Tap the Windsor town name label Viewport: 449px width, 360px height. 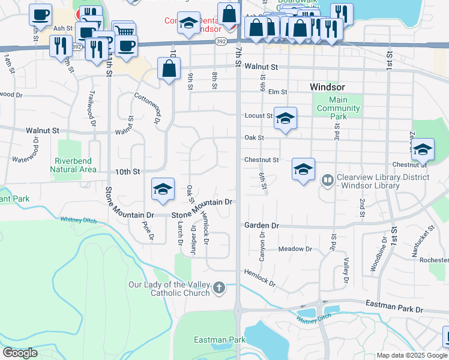pos(327,87)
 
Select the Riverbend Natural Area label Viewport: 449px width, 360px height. pos(75,165)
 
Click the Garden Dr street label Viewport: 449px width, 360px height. pos(262,226)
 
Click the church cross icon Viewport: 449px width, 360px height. pos(219,289)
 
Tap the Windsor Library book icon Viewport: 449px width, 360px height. pos(328,179)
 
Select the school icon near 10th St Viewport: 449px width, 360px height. pos(163,189)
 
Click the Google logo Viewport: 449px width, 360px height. pos(20,353)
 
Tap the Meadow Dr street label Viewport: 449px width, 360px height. pos(295,248)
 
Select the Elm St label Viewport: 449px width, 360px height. pos(277,92)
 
